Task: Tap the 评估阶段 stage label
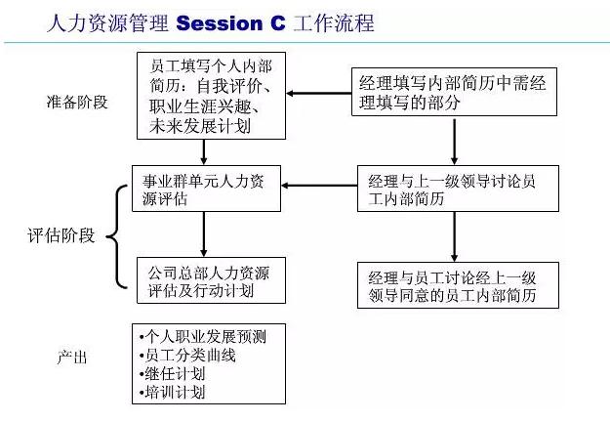[61, 235]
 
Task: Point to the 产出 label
[73, 358]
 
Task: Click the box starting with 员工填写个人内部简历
[210, 97]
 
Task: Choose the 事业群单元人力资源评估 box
[206, 190]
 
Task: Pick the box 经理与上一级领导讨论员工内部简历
[455, 190]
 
